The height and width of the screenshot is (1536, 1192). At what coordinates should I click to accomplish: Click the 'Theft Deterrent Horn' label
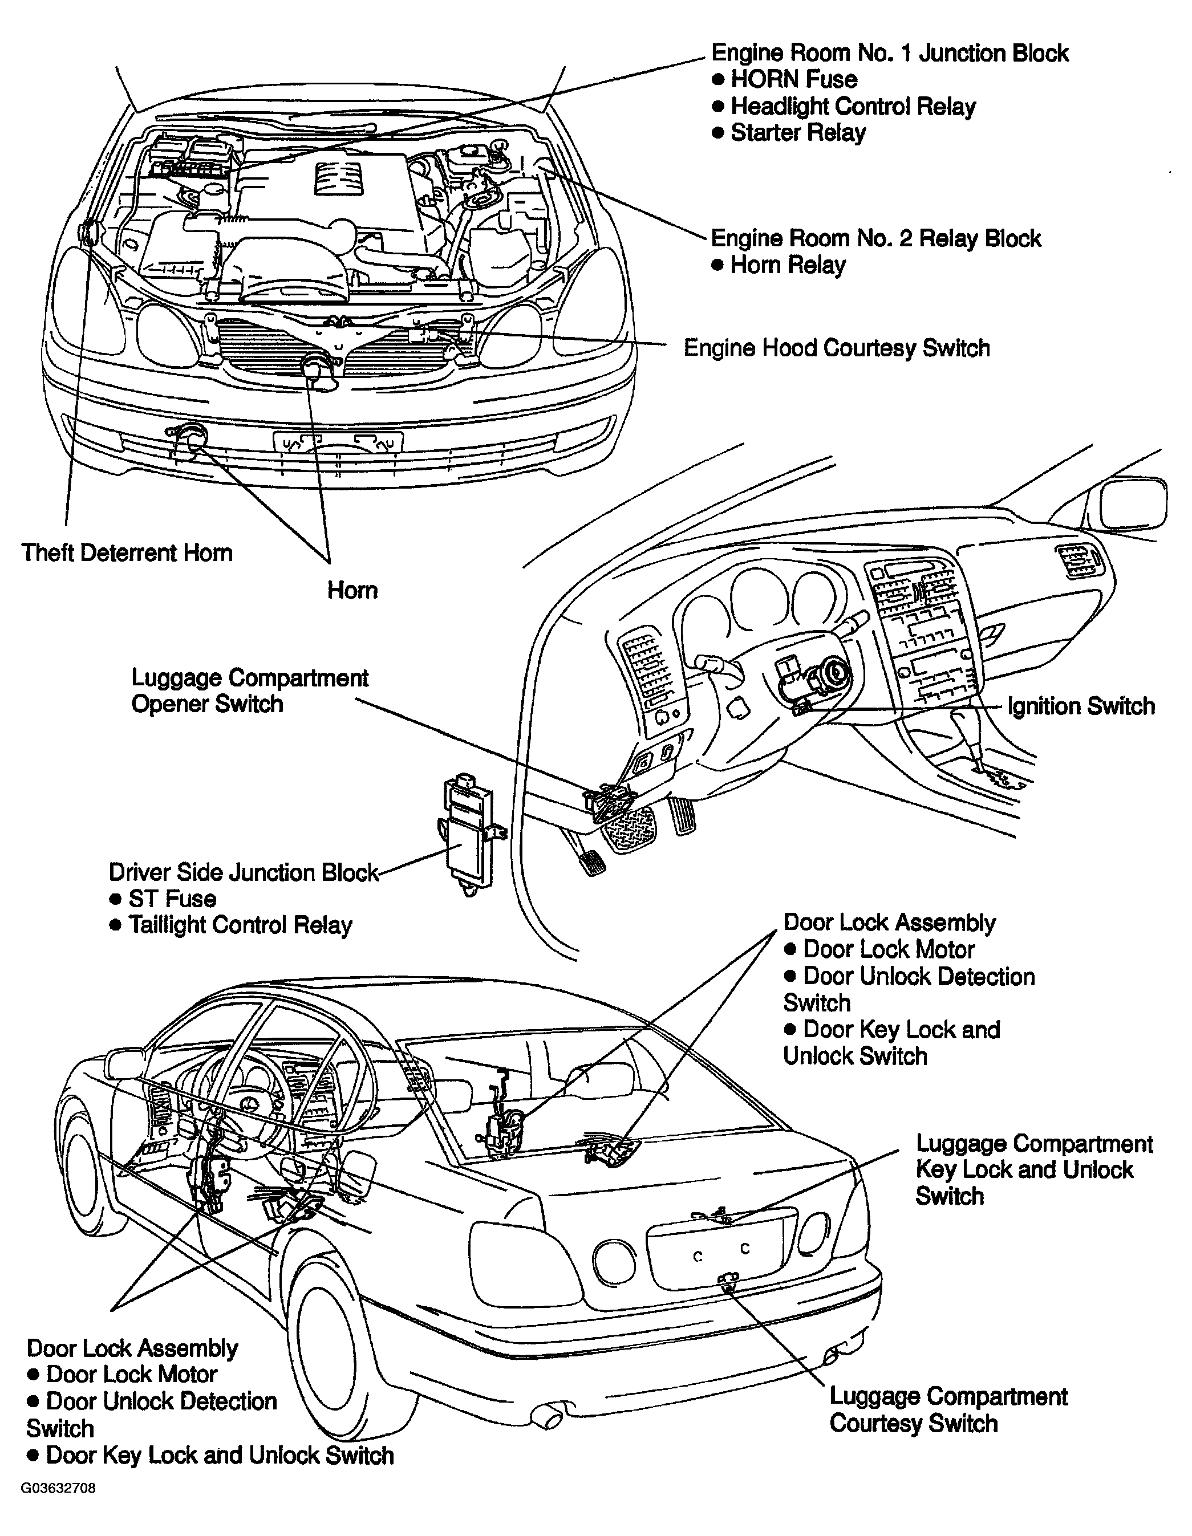(x=127, y=553)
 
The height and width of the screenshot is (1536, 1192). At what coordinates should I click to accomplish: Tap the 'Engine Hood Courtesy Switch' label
(x=837, y=348)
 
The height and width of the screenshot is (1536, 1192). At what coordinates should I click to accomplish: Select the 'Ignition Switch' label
(x=1081, y=706)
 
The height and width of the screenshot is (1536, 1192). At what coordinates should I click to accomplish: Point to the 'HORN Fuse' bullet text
(x=794, y=79)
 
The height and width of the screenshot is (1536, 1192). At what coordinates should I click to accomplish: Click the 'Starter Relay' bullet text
(x=798, y=133)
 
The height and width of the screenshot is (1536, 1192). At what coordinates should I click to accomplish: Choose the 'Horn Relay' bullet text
(x=788, y=265)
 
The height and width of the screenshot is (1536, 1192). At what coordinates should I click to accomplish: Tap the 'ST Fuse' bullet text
(x=172, y=899)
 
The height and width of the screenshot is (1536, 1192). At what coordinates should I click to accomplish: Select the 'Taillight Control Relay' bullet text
(x=240, y=925)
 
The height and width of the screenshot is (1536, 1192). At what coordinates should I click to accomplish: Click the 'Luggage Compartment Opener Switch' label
(x=250, y=692)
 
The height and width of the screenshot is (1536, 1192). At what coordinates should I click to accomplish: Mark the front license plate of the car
(x=338, y=442)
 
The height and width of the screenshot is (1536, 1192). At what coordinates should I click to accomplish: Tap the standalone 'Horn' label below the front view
(x=352, y=590)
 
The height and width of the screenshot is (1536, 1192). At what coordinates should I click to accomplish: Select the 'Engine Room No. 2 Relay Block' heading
(x=876, y=238)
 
